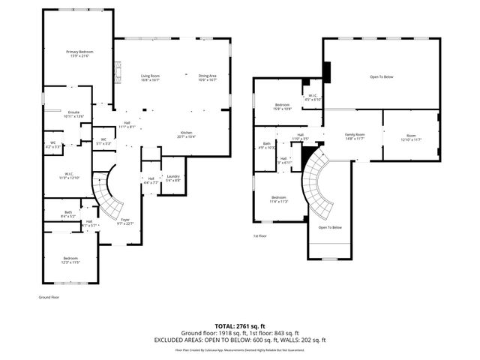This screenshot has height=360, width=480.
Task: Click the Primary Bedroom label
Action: point(79,53)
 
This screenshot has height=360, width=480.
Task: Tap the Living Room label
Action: point(150,77)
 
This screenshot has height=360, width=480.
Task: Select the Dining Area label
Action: point(207,77)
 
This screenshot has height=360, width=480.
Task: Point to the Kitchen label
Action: point(186,134)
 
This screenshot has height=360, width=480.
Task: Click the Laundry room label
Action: point(172,178)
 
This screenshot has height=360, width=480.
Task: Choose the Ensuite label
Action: point(73,114)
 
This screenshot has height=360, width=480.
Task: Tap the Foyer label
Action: point(125,221)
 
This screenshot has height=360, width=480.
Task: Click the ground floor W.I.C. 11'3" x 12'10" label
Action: point(68,176)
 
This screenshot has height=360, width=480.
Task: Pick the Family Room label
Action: point(355,136)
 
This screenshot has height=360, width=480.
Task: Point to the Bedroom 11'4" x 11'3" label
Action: point(278,199)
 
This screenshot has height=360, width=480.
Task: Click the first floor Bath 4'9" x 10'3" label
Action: point(267,145)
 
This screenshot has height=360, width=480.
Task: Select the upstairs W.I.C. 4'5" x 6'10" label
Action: point(313,97)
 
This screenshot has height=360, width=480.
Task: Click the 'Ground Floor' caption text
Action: point(49,298)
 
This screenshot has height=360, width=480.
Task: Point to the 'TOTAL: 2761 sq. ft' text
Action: point(239,326)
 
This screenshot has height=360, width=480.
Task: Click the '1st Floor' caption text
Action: point(259,236)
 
